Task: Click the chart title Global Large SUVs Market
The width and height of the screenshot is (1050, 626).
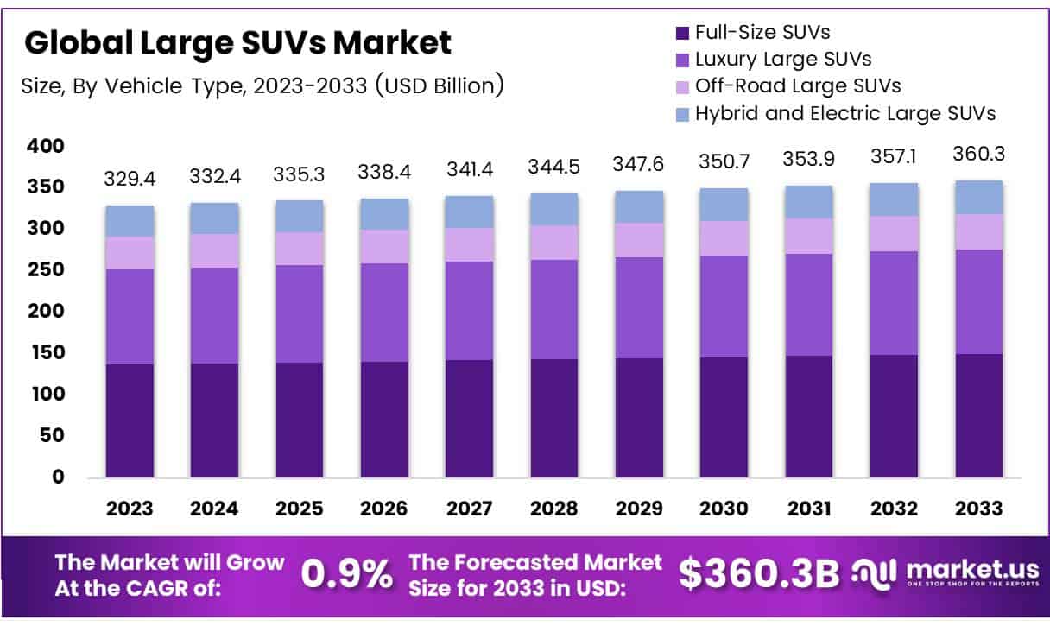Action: (x=237, y=42)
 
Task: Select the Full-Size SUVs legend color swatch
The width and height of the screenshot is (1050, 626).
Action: (x=681, y=33)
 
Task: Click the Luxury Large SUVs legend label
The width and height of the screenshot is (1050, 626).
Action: (x=783, y=59)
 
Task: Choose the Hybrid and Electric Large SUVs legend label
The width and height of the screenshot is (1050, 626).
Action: (x=845, y=112)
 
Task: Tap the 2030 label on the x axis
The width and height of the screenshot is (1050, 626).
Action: (x=724, y=508)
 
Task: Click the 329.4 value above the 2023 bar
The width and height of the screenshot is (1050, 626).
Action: (x=130, y=179)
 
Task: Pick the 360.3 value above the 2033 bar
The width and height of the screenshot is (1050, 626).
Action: (x=979, y=154)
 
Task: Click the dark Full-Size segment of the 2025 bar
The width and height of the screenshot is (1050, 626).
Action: (x=300, y=419)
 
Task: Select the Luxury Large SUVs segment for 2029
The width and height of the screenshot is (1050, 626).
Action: (x=640, y=307)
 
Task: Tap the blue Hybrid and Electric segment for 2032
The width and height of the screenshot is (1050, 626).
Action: (x=895, y=199)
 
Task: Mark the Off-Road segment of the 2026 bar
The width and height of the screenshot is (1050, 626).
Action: (x=384, y=246)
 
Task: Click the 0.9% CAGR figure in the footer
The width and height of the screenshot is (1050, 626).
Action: (x=347, y=574)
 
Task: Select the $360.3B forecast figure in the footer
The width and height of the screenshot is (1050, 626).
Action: (x=758, y=574)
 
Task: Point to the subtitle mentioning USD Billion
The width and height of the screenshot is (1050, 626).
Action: (x=262, y=85)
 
